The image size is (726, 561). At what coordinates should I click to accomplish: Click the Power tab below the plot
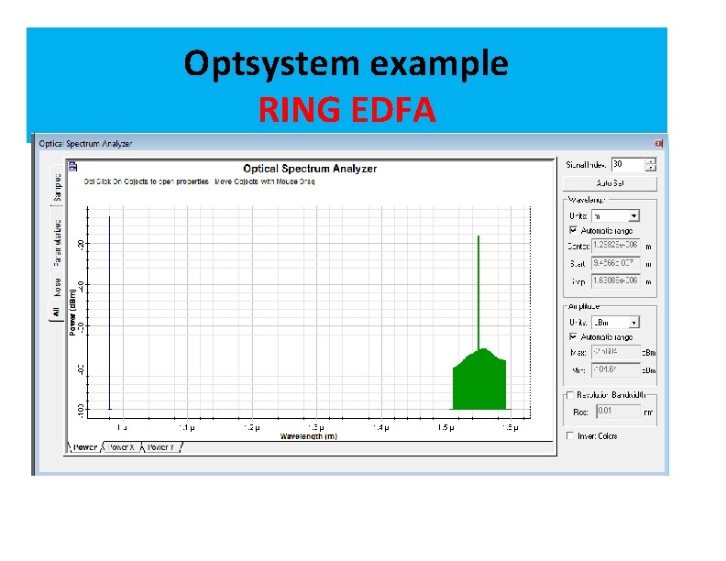tap(84, 447)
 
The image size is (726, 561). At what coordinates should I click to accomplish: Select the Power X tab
tap(122, 447)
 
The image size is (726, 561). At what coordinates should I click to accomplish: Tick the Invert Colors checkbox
tap(569, 436)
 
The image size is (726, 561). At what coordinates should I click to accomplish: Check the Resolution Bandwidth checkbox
tap(569, 394)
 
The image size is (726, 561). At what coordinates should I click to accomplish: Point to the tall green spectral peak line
tap(478, 293)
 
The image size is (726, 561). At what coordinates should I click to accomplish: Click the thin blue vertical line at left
tap(110, 312)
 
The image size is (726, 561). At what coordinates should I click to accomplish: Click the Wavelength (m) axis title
tap(308, 436)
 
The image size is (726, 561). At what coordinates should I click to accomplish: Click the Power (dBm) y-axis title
tap(73, 312)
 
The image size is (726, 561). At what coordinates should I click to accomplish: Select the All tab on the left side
tap(57, 312)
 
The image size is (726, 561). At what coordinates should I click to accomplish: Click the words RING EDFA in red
tap(346, 110)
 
